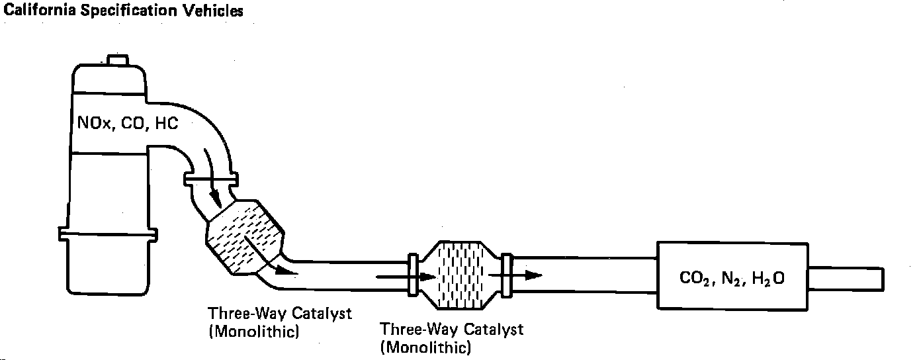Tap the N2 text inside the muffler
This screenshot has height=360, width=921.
point(730,279)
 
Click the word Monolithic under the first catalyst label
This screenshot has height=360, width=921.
point(254,332)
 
